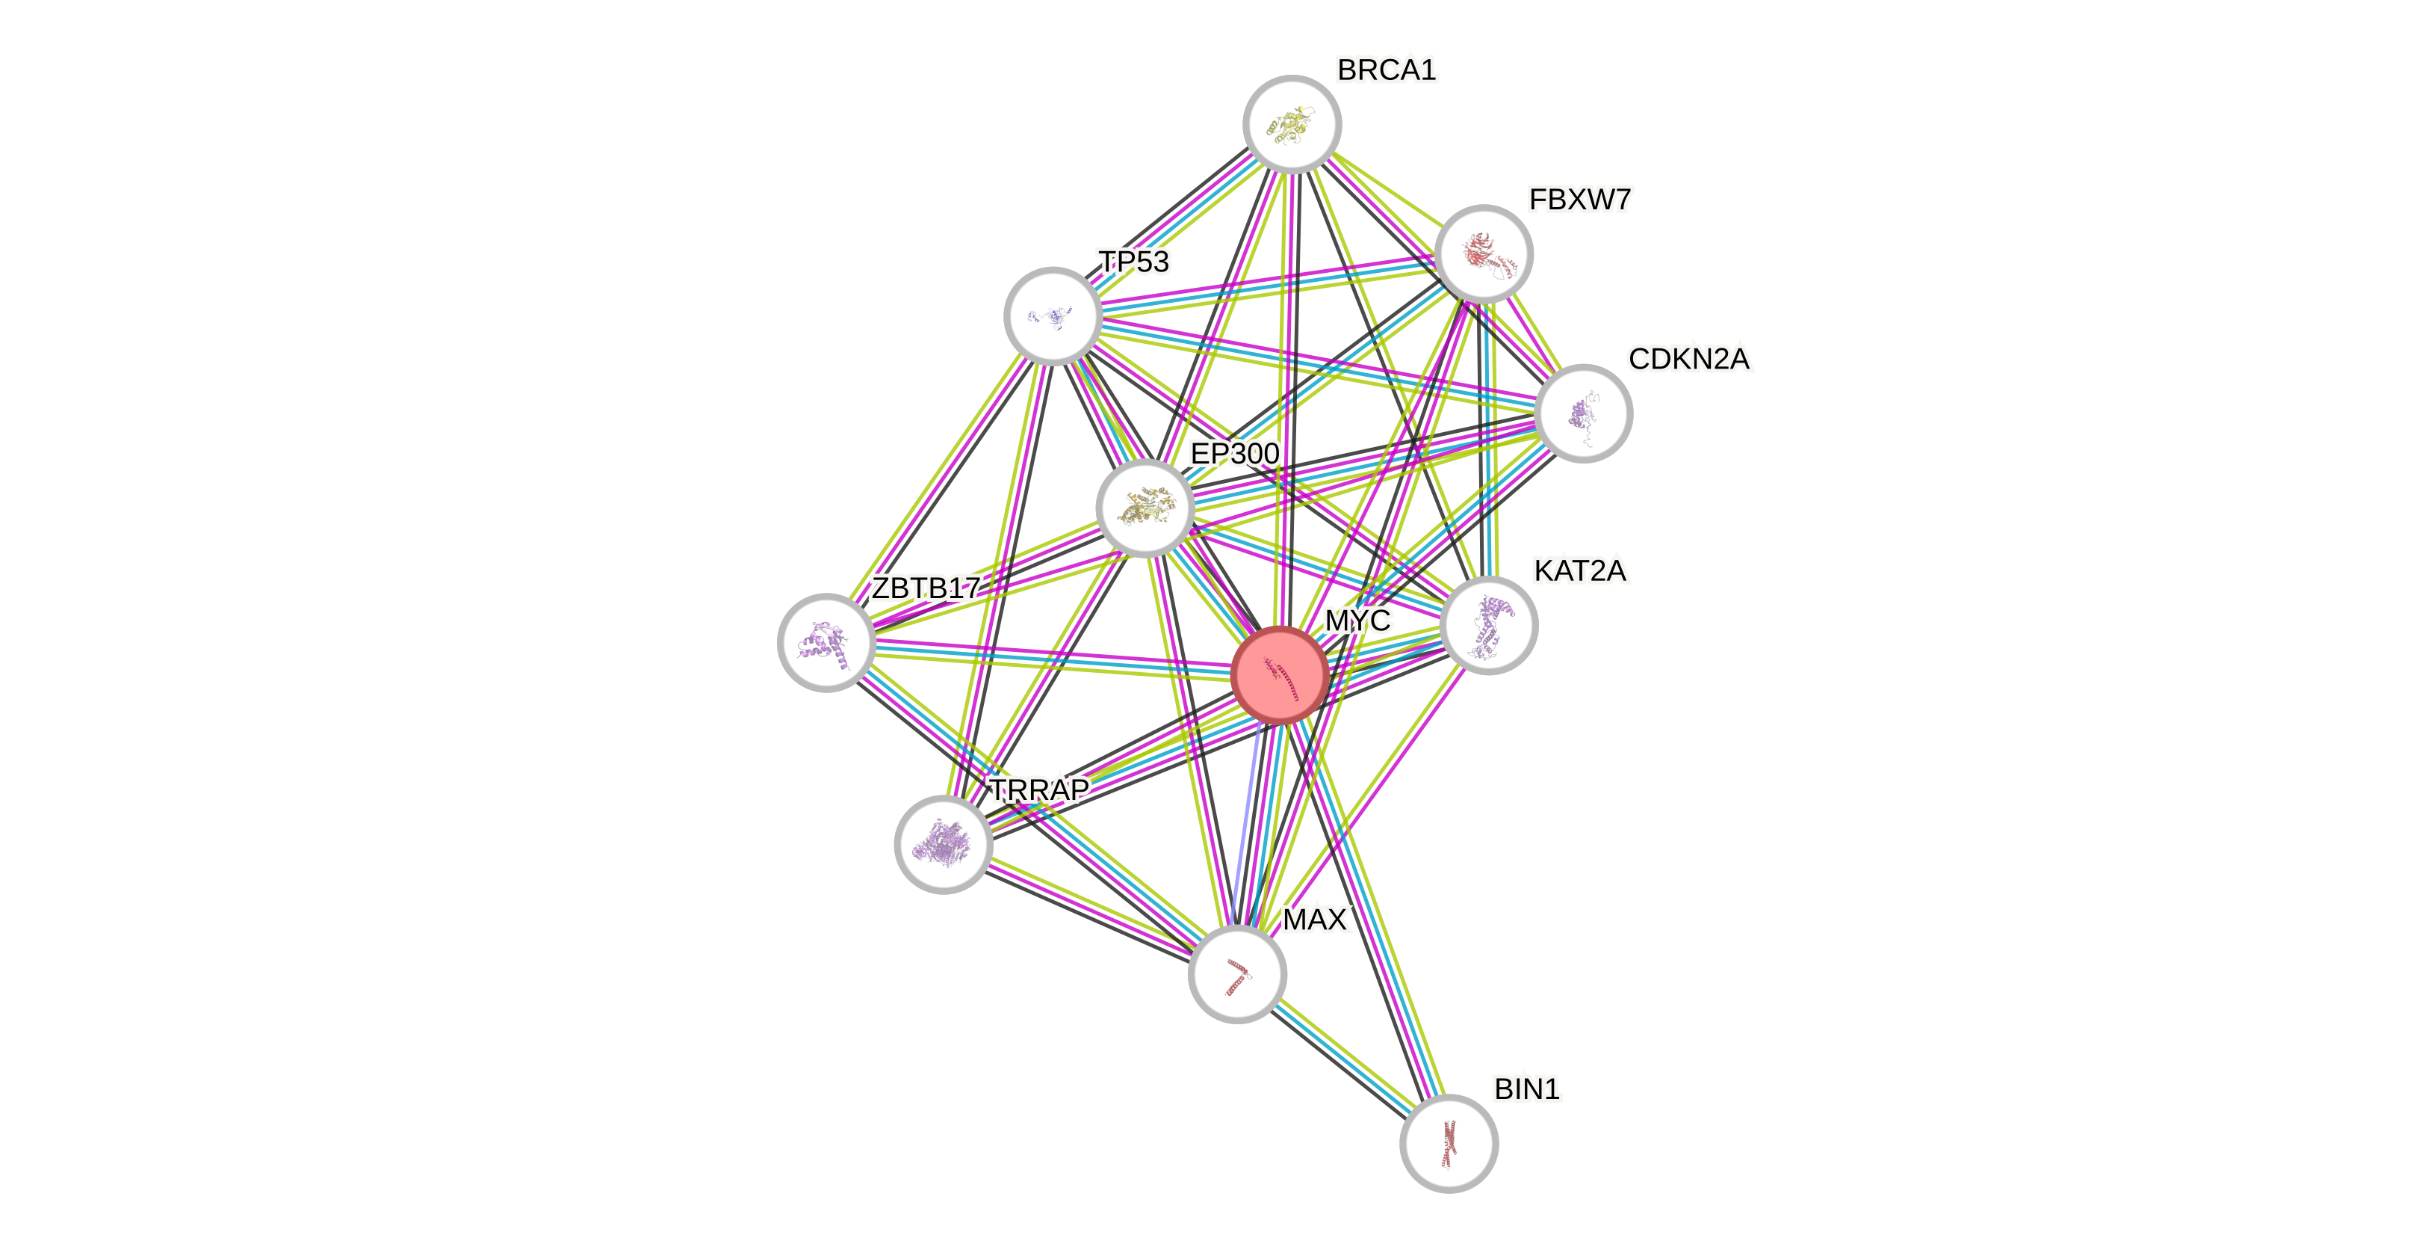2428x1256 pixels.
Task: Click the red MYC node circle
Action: click(1280, 675)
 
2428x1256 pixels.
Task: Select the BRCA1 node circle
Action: click(1291, 124)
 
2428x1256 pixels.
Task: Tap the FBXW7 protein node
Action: click(1484, 253)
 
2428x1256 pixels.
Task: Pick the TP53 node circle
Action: click(1053, 316)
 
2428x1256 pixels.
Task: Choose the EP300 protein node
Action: click(1145, 508)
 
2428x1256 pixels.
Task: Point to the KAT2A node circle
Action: click(1489, 626)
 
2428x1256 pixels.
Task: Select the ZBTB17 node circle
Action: click(826, 642)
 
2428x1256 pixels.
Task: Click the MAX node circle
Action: click(1236, 974)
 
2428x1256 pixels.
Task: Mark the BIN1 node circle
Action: click(1449, 1143)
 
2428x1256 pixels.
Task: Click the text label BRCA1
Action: click(1387, 70)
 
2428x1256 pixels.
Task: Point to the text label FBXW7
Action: click(1580, 200)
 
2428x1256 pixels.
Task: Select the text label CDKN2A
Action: click(1689, 360)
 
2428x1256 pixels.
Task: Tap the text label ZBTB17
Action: click(926, 588)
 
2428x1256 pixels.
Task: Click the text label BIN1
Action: click(1527, 1089)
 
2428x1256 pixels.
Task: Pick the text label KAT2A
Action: click(1581, 570)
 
